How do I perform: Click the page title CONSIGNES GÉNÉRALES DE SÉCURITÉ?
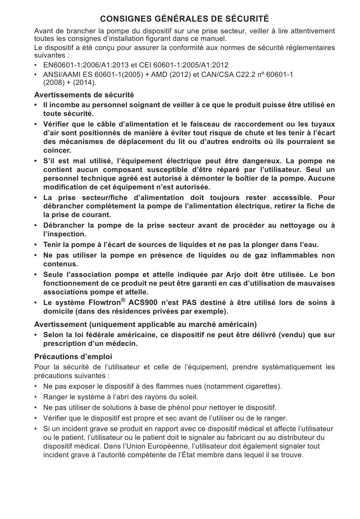[184, 19]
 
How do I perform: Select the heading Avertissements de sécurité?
[84, 95]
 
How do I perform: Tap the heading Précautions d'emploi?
[73, 356]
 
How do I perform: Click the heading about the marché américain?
[145, 324]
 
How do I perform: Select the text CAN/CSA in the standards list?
[217, 75]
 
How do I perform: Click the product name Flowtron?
[105, 303]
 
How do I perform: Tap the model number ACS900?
[143, 303]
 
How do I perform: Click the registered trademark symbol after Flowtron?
[123, 300]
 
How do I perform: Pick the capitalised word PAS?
[189, 303]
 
